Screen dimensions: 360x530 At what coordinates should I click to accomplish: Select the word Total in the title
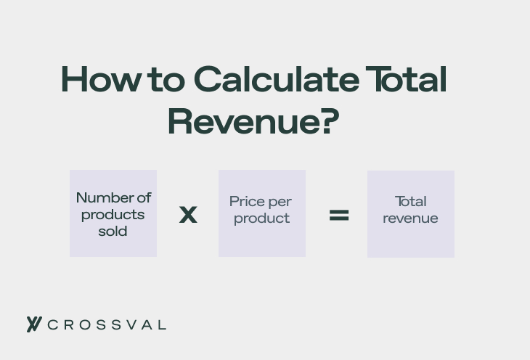click(405, 80)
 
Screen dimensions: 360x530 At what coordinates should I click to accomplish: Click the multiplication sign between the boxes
click(188, 215)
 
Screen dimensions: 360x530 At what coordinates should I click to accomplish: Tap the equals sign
click(339, 215)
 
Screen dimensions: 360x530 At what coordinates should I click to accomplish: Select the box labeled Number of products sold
click(113, 213)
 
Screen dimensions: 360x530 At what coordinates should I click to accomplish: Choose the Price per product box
click(262, 213)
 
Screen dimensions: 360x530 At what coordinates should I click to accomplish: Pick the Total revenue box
click(411, 214)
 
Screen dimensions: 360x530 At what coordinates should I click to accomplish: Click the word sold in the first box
click(113, 232)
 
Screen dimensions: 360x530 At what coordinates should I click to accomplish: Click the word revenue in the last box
click(411, 218)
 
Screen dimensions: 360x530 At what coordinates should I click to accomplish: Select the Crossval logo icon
click(33, 324)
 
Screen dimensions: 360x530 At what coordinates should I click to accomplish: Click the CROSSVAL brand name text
click(107, 325)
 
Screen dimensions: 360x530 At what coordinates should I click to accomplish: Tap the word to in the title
click(166, 80)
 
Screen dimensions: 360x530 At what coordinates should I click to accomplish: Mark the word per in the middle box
click(279, 202)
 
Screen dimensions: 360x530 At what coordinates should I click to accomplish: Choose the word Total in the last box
click(411, 201)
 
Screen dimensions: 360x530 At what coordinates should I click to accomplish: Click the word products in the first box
click(113, 215)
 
